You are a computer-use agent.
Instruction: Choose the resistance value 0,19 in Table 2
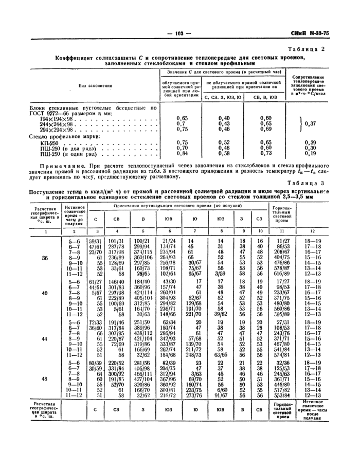(x=310, y=154)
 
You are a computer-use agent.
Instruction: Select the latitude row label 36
(x=45, y=258)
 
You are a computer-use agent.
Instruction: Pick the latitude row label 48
(x=45, y=380)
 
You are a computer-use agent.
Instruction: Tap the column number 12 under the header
(x=313, y=232)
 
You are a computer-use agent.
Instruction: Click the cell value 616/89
(x=282, y=274)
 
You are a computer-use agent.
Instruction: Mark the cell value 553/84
(x=282, y=395)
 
